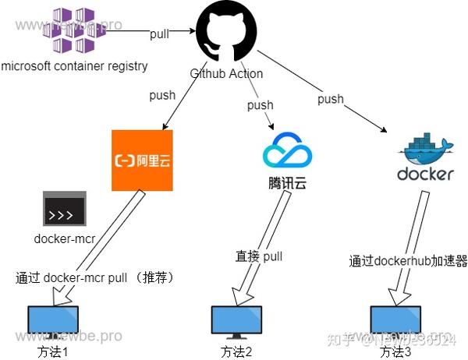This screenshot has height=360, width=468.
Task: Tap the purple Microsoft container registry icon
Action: tap(73, 28)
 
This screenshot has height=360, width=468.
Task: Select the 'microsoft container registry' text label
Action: tap(75, 66)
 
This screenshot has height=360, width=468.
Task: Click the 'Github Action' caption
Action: tap(226, 73)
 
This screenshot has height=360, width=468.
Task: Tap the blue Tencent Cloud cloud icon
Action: tap(287, 150)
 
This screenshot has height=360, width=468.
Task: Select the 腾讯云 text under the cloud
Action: tap(286, 184)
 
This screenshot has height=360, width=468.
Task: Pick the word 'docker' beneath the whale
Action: tap(425, 174)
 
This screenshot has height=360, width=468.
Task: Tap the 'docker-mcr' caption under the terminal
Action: tap(64, 238)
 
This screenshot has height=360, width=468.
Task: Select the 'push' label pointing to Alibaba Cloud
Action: tap(162, 97)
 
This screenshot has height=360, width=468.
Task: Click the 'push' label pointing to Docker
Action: tap(330, 99)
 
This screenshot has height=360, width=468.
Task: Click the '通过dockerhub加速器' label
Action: tap(408, 261)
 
